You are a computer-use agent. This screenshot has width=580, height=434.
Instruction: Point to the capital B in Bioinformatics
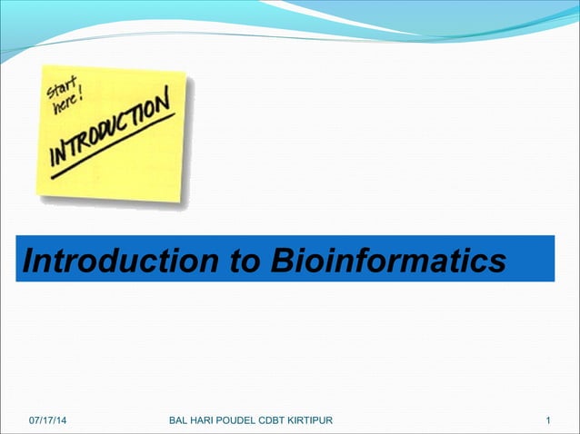point(279,261)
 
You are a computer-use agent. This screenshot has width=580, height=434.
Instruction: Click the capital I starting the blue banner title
point(26,261)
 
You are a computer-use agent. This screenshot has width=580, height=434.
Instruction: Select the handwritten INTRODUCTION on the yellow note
point(109,132)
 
